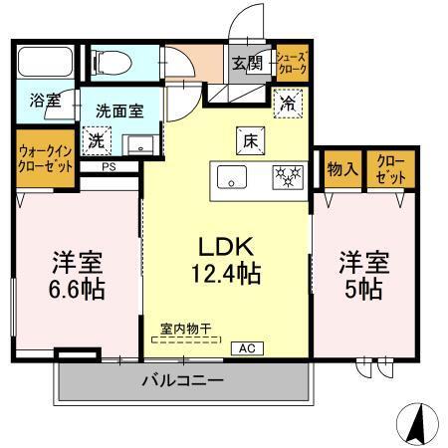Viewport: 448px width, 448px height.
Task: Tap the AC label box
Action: [246, 348]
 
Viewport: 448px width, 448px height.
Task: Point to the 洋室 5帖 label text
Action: [363, 277]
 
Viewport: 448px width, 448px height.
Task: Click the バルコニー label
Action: [181, 380]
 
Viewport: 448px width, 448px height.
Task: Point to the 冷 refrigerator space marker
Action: [286, 103]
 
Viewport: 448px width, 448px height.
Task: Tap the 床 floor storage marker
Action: [249, 140]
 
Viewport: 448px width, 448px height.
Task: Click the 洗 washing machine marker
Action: [95, 142]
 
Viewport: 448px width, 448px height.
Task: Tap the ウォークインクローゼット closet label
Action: [46, 157]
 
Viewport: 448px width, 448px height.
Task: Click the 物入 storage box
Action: [343, 169]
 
